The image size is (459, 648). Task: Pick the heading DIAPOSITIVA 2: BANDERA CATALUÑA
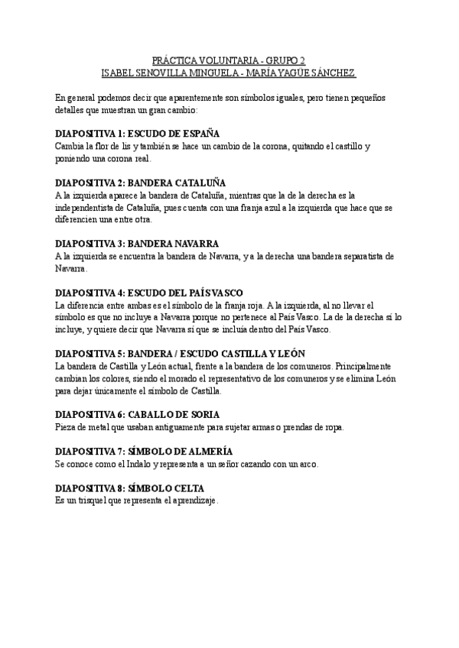(141, 183)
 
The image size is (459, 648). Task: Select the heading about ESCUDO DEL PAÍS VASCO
(150, 293)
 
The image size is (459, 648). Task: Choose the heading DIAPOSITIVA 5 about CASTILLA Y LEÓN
(181, 353)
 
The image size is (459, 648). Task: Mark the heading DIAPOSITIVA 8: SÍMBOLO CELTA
(130, 488)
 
